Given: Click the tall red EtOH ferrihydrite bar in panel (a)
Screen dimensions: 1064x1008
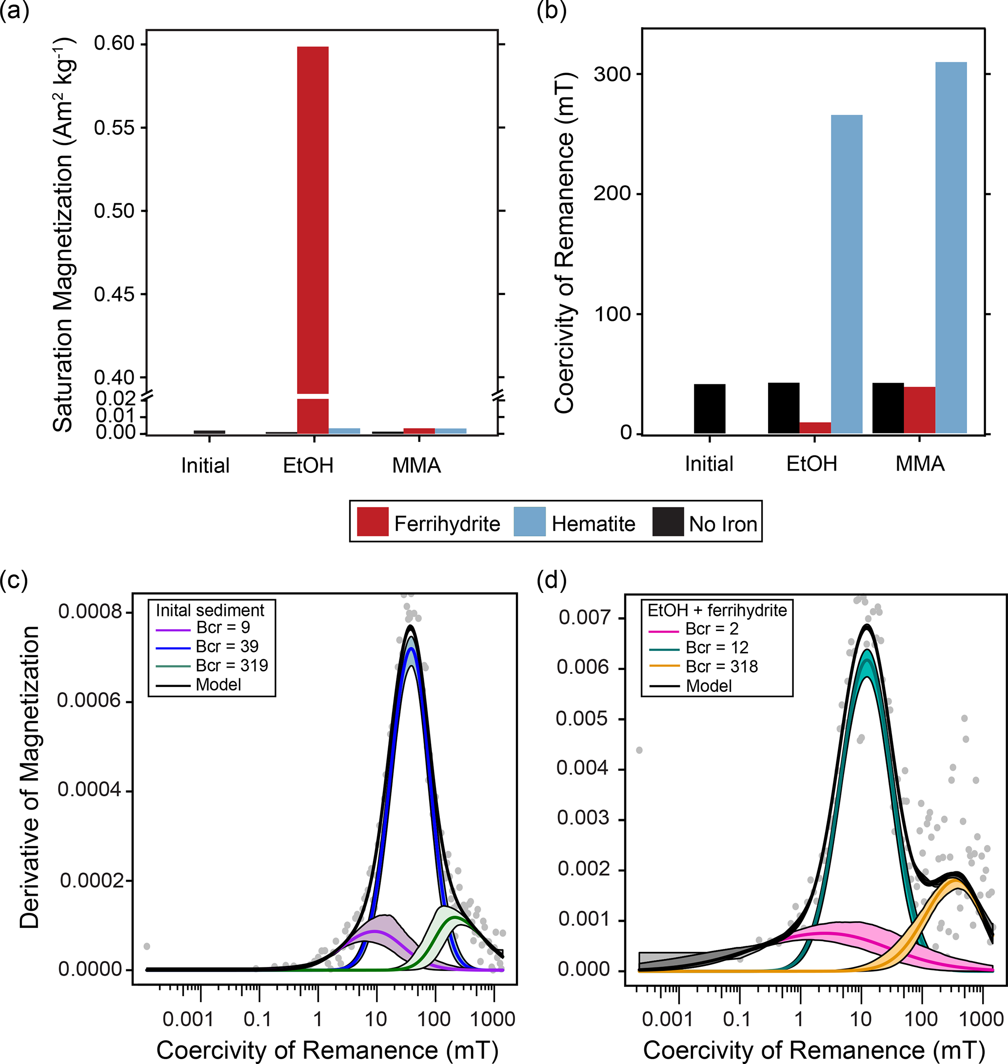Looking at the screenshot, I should [313, 215].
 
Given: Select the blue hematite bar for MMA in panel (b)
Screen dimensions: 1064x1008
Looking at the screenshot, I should [950, 247].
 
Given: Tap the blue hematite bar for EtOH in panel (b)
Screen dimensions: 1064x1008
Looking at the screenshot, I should [846, 274].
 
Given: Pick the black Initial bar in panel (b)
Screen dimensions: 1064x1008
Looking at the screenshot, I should [709, 409].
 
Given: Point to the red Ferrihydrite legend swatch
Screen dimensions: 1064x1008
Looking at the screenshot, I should [373, 521].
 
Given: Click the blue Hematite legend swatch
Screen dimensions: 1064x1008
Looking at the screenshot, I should [529, 521].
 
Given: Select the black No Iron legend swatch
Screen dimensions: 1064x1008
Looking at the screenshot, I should [668, 521].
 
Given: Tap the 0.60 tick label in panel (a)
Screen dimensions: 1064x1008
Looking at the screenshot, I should [114, 43].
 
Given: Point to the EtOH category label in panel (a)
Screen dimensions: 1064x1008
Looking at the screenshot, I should [308, 465].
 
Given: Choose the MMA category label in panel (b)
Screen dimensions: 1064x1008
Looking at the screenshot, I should [919, 464].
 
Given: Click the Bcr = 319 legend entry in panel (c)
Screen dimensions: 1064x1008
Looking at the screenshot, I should [232, 666].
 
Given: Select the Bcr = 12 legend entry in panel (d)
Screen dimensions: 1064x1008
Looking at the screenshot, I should [717, 648].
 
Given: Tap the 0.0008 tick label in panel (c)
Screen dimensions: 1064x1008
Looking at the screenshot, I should [90, 611].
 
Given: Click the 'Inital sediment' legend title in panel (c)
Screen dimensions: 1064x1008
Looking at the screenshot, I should [210, 611].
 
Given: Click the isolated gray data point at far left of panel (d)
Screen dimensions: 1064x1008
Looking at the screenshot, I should [639, 750].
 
